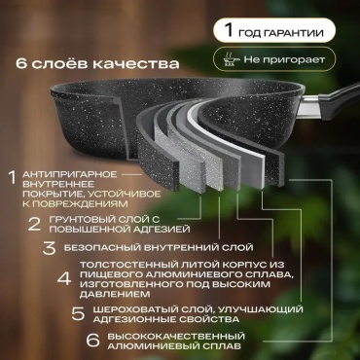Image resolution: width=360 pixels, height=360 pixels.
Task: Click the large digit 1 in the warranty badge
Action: point(229,30)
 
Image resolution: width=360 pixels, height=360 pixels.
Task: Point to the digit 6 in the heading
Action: point(20,63)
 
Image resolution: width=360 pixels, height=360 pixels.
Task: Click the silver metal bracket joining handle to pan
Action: point(308,107)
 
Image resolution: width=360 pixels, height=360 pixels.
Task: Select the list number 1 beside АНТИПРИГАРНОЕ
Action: point(13,178)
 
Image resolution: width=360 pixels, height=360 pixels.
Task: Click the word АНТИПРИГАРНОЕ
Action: point(69,174)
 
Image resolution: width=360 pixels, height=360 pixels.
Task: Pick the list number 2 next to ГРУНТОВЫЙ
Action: point(34,224)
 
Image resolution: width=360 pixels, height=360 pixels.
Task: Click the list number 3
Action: point(50,248)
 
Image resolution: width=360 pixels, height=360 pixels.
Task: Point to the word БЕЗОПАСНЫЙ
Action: point(102,248)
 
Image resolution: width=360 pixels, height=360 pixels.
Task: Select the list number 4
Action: point(64,279)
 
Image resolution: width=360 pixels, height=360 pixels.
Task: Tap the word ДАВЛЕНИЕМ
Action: point(115,295)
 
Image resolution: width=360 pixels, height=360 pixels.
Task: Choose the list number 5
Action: point(78,313)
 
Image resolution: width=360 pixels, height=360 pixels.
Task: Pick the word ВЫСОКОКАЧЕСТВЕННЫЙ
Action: point(176,336)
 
